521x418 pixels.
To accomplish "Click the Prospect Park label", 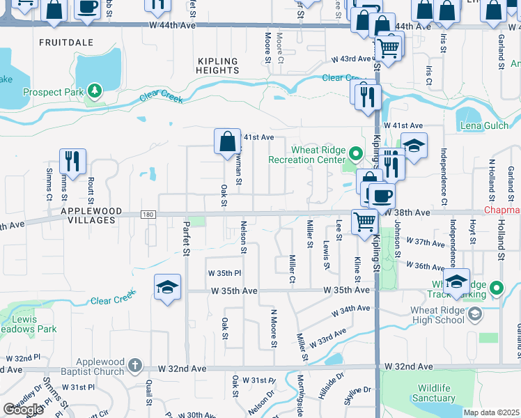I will pyautogui.click(x=52, y=92).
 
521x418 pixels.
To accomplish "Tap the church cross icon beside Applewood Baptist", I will pyautogui.click(x=136, y=364).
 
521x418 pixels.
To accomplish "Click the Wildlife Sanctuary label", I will pyautogui.click(x=437, y=393).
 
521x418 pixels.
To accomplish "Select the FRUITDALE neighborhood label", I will pyautogui.click(x=66, y=42).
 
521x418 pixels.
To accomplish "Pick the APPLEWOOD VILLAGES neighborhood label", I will pyautogui.click(x=91, y=215).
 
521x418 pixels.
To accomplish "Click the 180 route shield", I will pyautogui.click(x=147, y=215).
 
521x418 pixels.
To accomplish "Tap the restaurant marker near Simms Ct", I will pyautogui.click(x=72, y=162).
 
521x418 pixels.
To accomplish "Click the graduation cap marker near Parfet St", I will pyautogui.click(x=167, y=286).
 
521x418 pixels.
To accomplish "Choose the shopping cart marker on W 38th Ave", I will pyautogui.click(x=364, y=222).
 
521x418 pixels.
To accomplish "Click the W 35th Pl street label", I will pyautogui.click(x=224, y=273).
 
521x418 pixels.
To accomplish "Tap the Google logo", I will pyautogui.click(x=22, y=410).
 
